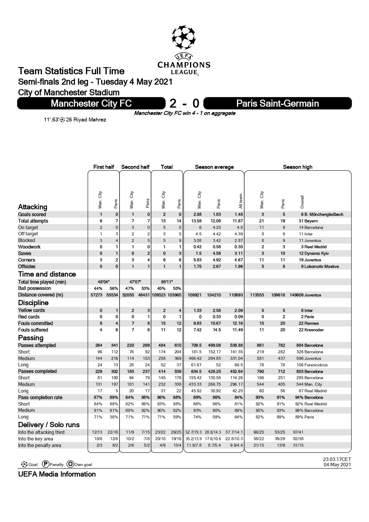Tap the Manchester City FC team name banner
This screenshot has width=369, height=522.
coord(91,103)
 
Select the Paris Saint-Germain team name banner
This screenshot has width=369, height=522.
coord(277,103)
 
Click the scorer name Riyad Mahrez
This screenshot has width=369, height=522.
coord(89,120)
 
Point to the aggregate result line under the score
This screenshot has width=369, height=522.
coord(184,113)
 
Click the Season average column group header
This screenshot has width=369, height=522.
coord(214,167)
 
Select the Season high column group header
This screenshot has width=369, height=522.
coord(297,167)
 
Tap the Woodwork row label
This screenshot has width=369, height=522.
coord(29,247)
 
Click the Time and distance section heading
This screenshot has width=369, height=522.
coord(47,274)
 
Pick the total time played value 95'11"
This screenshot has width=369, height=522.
coord(167,282)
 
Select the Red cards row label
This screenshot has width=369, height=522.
coord(29,317)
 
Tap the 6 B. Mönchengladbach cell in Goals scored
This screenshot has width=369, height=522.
coord(322,214)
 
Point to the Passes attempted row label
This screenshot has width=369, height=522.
coord(37,345)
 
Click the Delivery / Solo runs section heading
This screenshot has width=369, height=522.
coord(49,425)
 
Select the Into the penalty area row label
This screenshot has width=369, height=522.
coord(40,445)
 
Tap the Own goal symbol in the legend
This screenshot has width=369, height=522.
coord(70,464)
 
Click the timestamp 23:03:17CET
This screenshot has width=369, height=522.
coord(337,460)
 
